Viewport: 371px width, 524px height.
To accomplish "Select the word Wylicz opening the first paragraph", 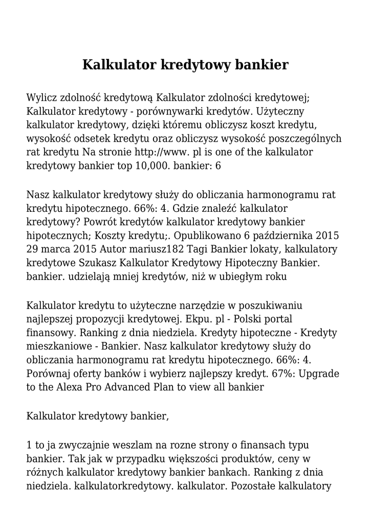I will (x=41, y=97).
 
